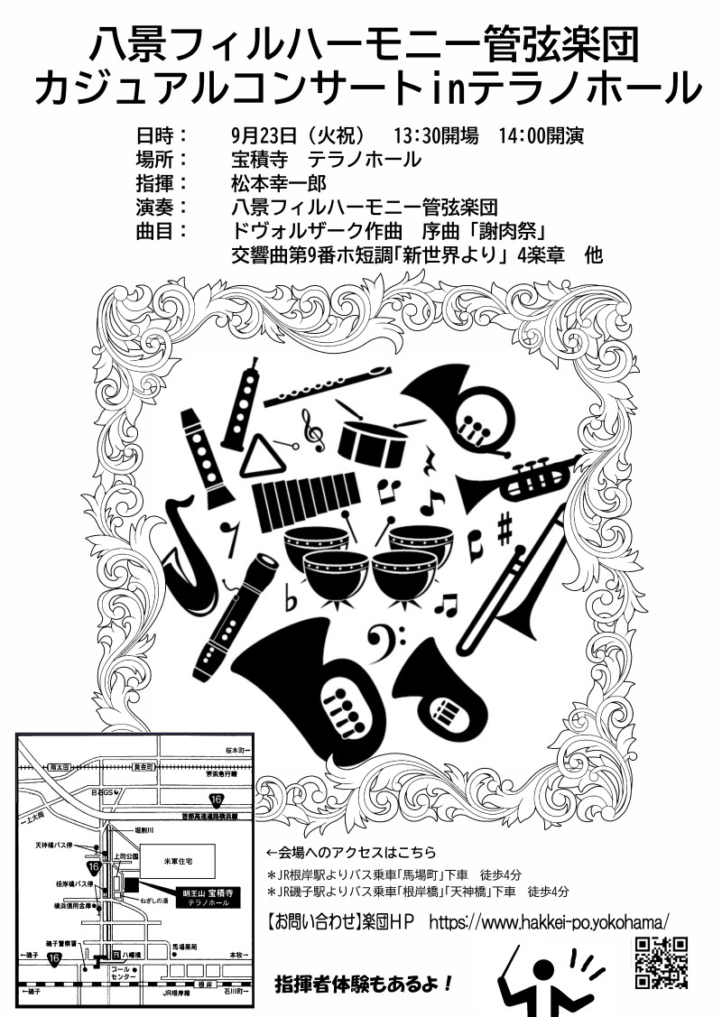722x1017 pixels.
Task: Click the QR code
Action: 662,963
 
